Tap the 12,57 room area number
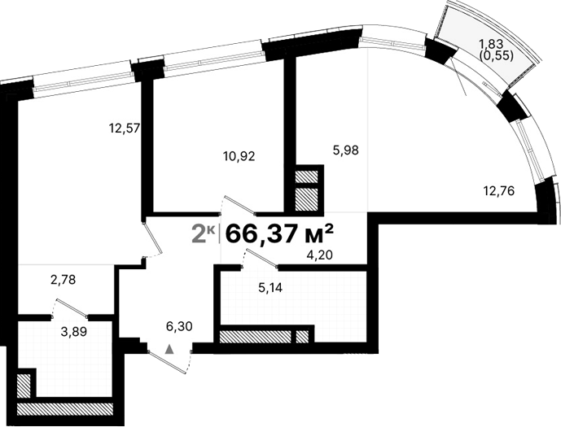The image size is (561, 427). click(126, 127)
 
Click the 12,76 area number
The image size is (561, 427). click(499, 192)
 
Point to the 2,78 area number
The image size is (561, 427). click(64, 281)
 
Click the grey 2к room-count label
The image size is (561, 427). click(204, 233)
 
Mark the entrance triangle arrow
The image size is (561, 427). click(169, 348)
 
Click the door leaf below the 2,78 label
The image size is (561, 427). click(70, 307)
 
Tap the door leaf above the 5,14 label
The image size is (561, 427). click(260, 259)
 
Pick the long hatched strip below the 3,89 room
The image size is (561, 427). click(65, 409)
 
